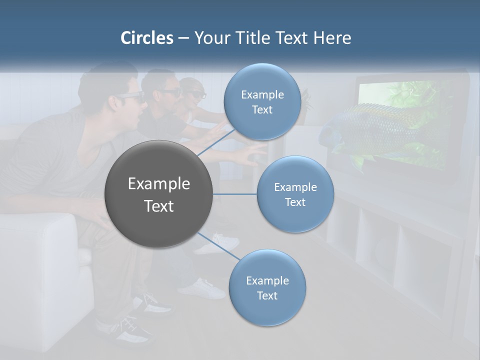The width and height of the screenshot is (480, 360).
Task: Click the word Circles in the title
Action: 146,38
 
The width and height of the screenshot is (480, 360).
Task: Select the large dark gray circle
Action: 158,194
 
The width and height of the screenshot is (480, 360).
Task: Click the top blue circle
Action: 262,102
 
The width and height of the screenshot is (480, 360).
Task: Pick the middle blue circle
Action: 295,194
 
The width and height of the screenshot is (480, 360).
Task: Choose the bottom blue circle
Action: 267,288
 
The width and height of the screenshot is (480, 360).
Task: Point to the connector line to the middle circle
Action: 234,194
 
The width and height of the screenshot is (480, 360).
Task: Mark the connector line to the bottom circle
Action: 218,246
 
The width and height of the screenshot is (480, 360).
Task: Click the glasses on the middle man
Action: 168,93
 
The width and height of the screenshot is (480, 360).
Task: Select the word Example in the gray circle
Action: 158,184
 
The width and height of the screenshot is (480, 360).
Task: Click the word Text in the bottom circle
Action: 267,295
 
